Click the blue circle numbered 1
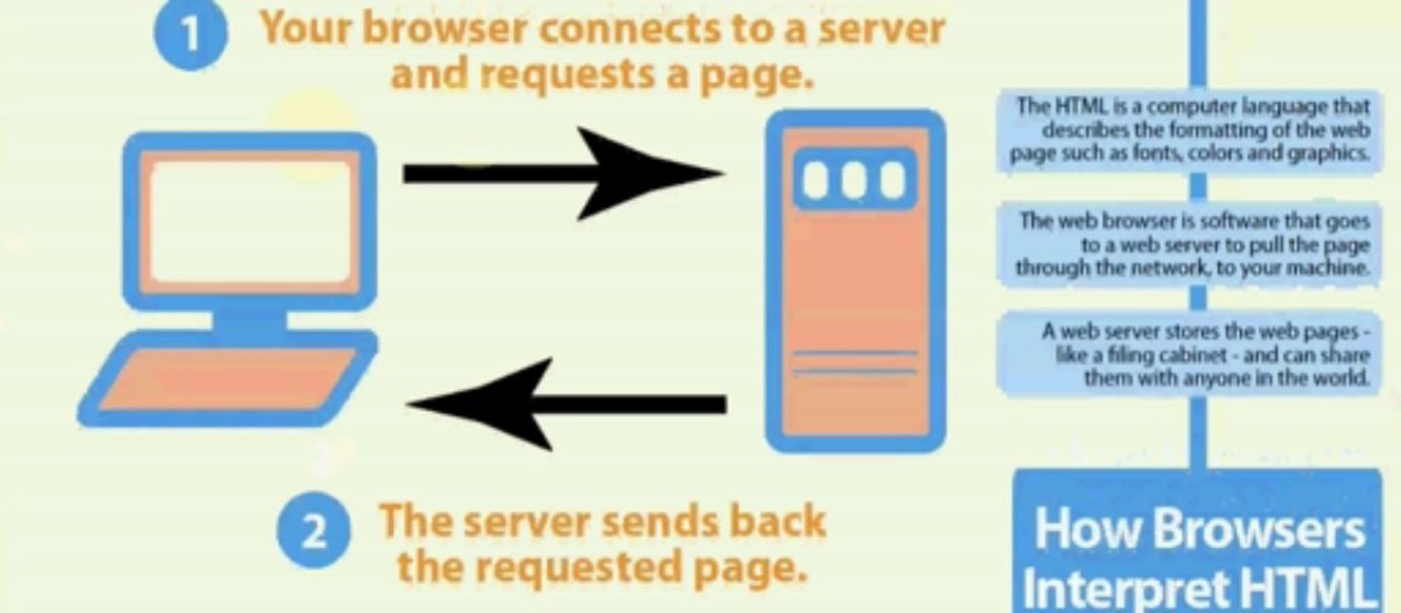click(x=191, y=34)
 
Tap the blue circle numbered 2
click(x=314, y=530)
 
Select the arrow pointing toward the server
click(x=563, y=174)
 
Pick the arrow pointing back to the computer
click(x=566, y=404)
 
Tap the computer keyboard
click(x=227, y=381)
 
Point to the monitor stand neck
click(x=250, y=322)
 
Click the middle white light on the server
click(x=853, y=180)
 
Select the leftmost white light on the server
click(x=816, y=180)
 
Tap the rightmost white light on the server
click(x=893, y=180)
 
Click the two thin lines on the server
click(x=855, y=363)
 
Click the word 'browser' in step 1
click(x=444, y=29)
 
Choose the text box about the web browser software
click(x=1191, y=244)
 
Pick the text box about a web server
click(x=1191, y=354)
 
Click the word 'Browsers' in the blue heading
click(x=1259, y=530)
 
